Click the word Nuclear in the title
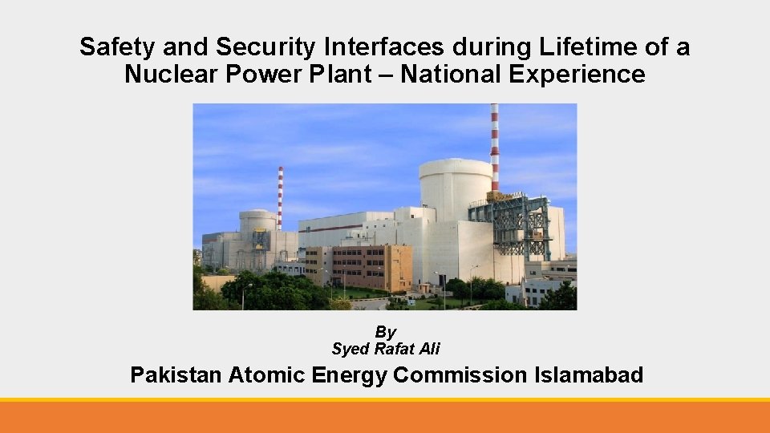(168, 75)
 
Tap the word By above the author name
(386, 332)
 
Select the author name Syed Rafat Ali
(386, 349)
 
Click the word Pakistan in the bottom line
(176, 374)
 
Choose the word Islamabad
(589, 374)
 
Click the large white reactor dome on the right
(456, 188)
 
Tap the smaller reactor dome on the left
(257, 222)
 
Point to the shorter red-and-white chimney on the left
(280, 196)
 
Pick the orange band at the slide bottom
(385, 417)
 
